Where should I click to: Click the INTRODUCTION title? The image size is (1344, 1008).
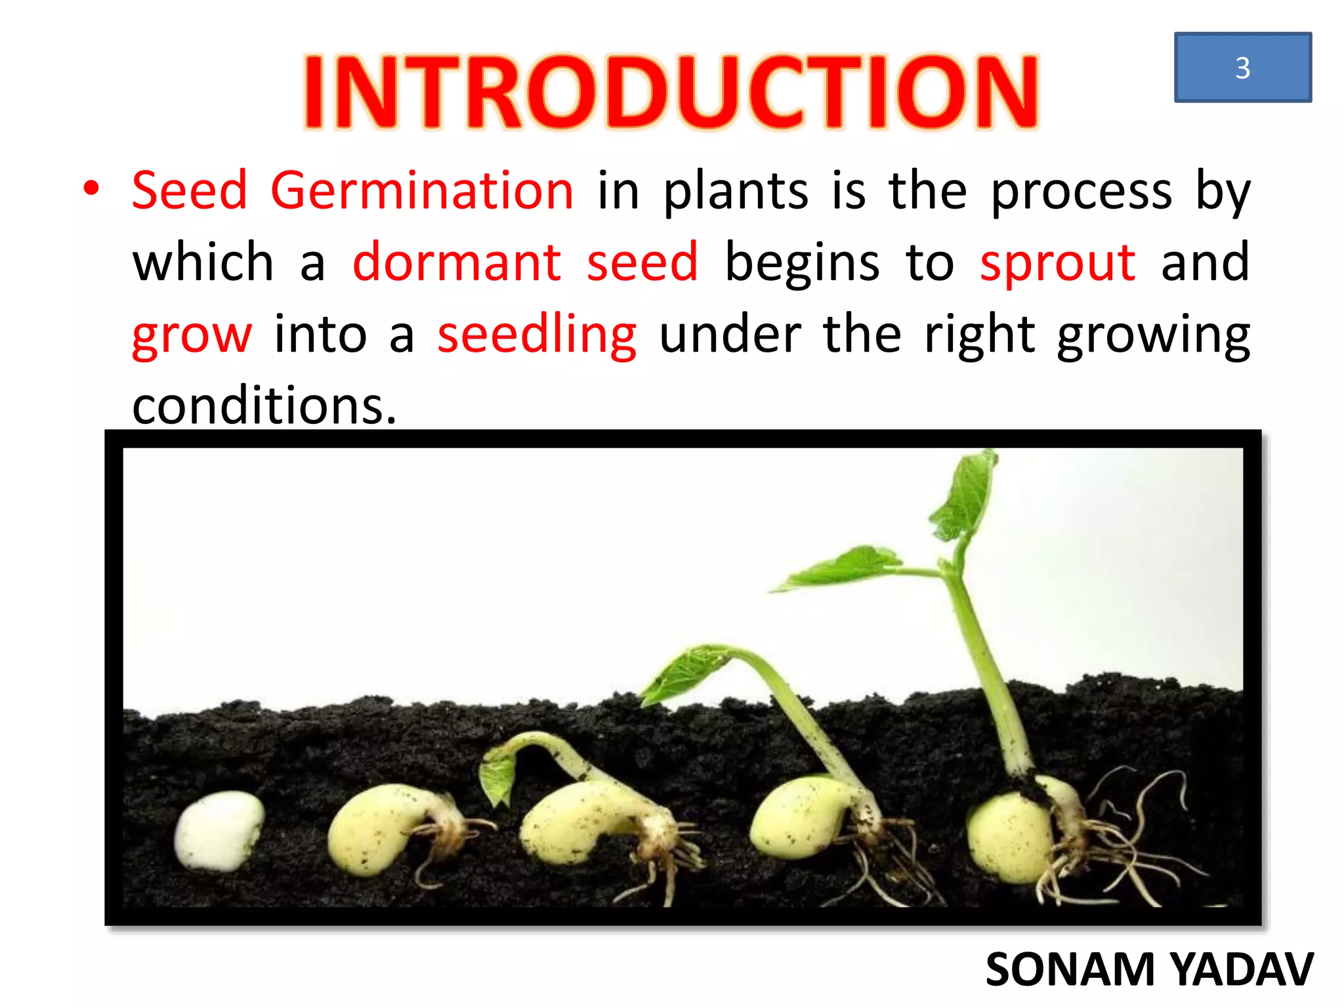[x=671, y=92]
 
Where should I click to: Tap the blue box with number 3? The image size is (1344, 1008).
[x=1242, y=68]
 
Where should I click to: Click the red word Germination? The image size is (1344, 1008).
[x=422, y=191]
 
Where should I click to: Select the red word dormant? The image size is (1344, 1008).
[x=457, y=262]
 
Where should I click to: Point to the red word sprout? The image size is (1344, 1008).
[x=1057, y=263]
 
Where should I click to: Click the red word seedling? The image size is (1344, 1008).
[x=536, y=335]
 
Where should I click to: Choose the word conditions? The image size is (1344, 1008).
[x=264, y=406]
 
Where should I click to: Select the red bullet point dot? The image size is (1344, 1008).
[x=91, y=189]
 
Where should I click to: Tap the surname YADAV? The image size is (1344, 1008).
[x=1242, y=969]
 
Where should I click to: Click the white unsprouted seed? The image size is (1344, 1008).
[x=218, y=830]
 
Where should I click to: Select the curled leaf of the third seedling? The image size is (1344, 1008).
[x=499, y=774]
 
